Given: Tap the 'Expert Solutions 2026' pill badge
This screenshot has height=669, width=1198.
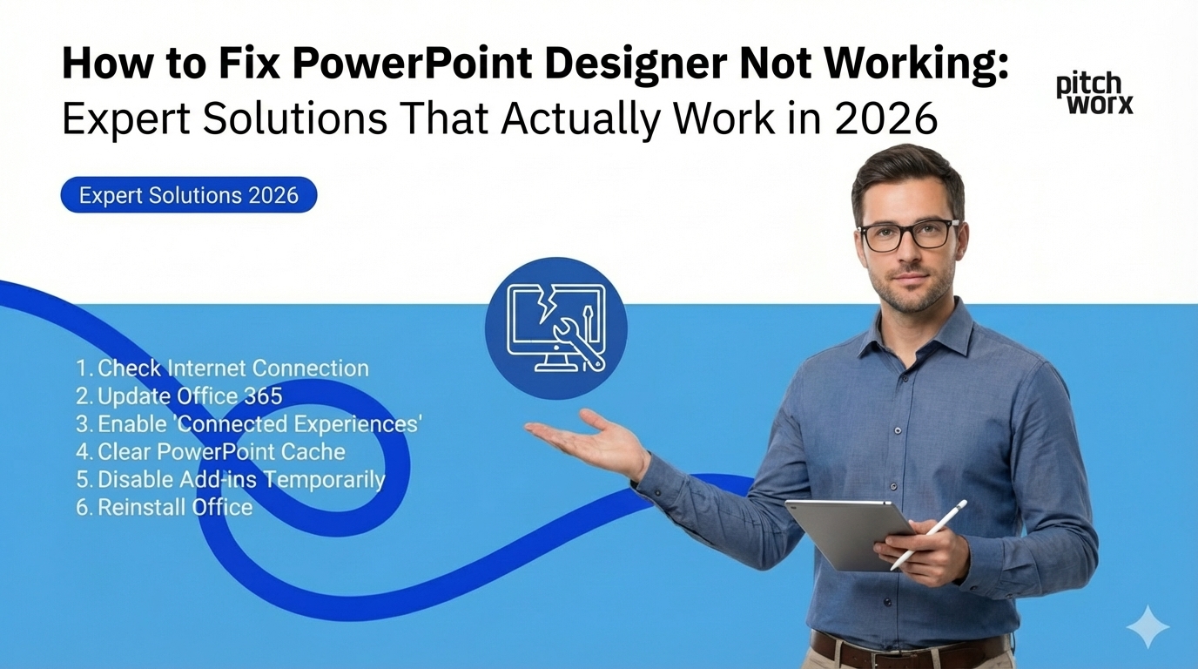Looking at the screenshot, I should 188,195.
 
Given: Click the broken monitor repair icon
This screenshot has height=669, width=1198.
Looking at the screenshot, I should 555,327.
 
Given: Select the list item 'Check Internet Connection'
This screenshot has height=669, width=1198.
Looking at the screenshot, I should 222,368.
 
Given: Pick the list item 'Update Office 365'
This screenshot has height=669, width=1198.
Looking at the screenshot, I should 179,396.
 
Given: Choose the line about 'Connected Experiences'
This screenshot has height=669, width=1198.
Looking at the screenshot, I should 249,424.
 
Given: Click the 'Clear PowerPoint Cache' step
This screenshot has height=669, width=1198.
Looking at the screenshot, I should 211,452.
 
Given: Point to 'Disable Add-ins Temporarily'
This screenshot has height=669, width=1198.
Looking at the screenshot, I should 230,479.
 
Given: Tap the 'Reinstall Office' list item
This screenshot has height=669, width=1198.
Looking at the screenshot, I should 165,507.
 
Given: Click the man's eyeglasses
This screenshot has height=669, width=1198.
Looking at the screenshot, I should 907,234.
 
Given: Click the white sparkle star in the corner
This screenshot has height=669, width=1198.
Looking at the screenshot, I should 1147,626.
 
